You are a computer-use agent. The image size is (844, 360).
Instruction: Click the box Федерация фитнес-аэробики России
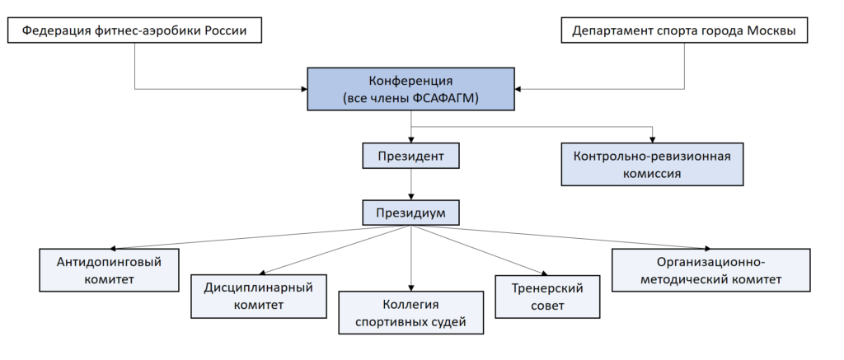[134, 30]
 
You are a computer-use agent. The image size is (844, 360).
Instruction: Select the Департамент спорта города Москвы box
[684, 30]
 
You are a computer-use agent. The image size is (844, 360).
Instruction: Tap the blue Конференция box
[410, 89]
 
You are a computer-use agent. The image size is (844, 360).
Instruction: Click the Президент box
[410, 156]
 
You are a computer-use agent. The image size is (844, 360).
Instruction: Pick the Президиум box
[410, 213]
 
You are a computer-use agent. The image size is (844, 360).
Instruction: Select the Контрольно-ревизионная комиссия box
[653, 165]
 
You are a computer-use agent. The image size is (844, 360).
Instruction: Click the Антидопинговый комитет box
[110, 270]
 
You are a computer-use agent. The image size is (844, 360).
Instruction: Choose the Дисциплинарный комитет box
[259, 297]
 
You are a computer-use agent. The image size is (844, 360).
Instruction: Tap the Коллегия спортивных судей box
[410, 313]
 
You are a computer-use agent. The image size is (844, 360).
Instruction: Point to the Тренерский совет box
[547, 297]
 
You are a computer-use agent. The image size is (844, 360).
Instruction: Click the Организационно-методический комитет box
[711, 270]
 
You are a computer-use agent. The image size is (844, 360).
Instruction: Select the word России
[226, 30]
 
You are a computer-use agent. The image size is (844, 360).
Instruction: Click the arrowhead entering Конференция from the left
[303, 89]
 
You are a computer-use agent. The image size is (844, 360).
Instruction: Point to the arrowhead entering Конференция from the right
[518, 89]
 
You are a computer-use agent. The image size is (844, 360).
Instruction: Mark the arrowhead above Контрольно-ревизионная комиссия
[653, 139]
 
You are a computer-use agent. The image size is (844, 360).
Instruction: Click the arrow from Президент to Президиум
[410, 185]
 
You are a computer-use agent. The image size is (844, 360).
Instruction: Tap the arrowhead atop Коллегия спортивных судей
[410, 288]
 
